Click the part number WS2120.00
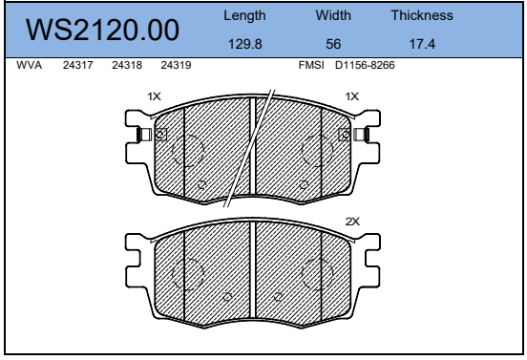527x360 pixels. [102, 30]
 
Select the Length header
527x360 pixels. [244, 16]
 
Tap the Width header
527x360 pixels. [333, 15]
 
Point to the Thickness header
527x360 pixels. [422, 15]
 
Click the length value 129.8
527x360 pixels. [245, 44]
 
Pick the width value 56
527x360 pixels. [333, 44]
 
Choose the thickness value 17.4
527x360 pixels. [422, 44]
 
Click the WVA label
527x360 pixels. [30, 65]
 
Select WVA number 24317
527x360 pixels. [78, 65]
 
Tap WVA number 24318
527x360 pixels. [127, 65]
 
